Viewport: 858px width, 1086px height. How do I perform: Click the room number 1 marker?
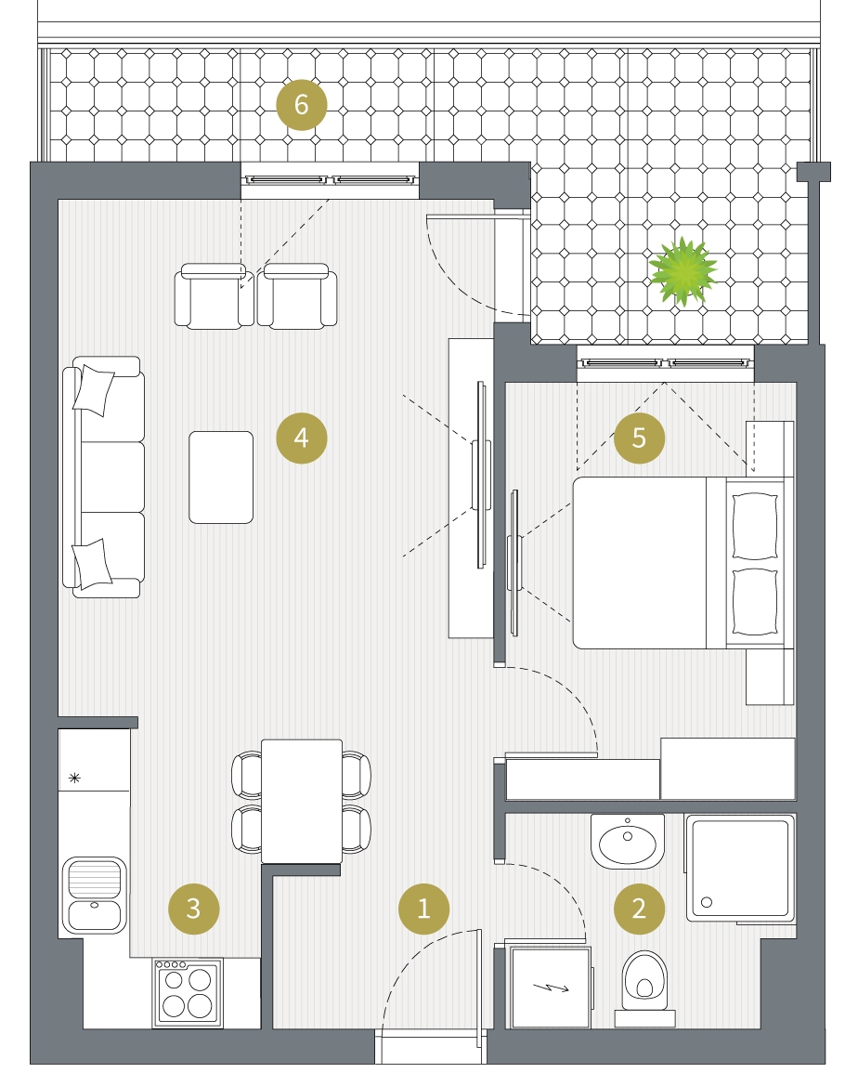click(x=423, y=908)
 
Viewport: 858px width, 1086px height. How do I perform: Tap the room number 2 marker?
click(x=639, y=908)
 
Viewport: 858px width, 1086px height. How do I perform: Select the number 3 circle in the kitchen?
click(x=194, y=908)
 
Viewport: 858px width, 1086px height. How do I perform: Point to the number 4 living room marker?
click(x=301, y=438)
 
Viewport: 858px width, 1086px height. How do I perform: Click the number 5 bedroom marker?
click(x=639, y=438)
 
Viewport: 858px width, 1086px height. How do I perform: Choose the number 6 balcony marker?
click(x=301, y=105)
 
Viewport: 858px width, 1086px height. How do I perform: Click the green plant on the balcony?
click(x=682, y=271)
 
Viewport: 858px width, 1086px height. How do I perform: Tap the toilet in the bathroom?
click(x=644, y=988)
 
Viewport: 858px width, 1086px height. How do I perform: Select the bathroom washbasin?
click(x=628, y=841)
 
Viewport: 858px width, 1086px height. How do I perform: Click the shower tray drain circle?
click(x=707, y=902)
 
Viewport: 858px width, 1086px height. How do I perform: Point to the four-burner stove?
click(x=188, y=992)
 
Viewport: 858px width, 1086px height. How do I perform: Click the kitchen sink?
click(x=95, y=895)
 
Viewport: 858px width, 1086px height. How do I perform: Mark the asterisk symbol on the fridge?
click(x=75, y=778)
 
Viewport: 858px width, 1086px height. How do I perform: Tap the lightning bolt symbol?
click(x=552, y=988)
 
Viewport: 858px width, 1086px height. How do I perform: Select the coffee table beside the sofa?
click(x=221, y=478)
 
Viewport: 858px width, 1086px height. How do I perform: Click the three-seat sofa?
click(x=104, y=478)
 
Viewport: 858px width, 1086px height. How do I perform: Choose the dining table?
click(x=302, y=802)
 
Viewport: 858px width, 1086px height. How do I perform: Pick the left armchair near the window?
click(x=214, y=295)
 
